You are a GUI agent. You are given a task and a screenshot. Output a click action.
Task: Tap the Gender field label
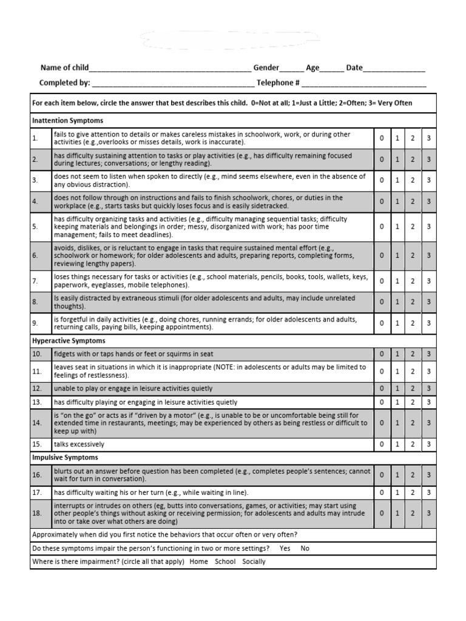click(266, 68)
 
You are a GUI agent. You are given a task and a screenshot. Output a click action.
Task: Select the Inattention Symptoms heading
click(67, 121)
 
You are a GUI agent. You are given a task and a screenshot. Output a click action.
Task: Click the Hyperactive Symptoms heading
click(68, 341)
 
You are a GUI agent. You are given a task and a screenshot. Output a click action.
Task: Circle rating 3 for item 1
click(428, 138)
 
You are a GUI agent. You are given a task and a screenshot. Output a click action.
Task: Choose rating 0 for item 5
click(382, 227)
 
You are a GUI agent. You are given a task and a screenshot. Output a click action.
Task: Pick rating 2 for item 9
click(413, 323)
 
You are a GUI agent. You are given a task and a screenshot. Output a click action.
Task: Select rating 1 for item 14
click(397, 423)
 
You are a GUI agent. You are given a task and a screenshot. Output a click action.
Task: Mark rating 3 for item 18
click(428, 513)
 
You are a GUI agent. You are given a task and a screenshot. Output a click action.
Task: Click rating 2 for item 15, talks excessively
click(413, 445)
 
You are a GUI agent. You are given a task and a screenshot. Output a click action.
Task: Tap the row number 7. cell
click(36, 281)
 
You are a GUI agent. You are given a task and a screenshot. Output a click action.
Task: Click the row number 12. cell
click(37, 388)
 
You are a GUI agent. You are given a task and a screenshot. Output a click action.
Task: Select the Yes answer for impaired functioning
click(285, 548)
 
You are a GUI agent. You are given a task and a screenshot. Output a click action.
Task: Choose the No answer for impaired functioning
click(305, 548)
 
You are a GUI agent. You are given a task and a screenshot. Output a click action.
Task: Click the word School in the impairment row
click(225, 562)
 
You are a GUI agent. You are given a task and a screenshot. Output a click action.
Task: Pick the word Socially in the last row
click(254, 562)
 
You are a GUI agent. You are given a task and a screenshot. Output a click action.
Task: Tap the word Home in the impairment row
click(198, 562)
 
